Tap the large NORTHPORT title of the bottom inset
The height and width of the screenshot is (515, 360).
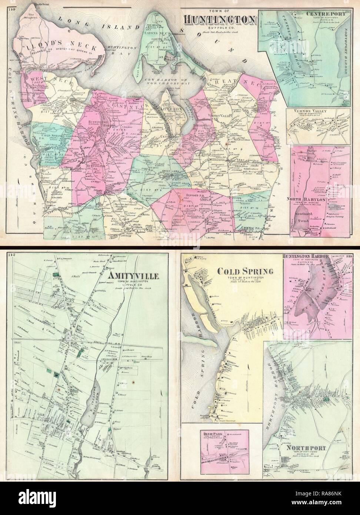click(306, 448)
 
